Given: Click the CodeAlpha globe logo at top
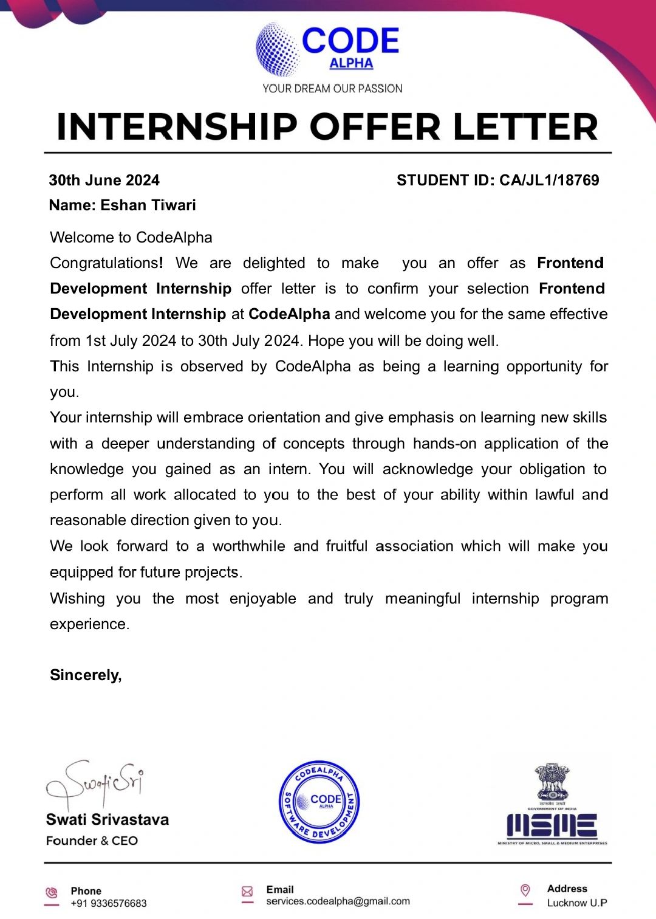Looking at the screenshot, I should pos(278,49).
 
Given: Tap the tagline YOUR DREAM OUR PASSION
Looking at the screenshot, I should pos(332,89).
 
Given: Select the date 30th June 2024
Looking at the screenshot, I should pos(104,181).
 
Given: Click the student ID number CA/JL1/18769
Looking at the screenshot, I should pos(549,181).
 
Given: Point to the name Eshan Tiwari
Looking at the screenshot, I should pos(148,205).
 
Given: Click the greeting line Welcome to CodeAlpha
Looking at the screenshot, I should pos(131,238).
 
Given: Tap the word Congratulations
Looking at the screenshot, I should pos(104,263).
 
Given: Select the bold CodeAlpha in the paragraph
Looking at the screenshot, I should pos(289,314).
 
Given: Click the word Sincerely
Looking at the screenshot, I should pos(86,675).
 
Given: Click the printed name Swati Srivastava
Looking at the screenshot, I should pos(108,819).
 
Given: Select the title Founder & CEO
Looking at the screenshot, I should pos(92,841).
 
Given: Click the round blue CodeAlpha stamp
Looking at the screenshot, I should pos(319,802).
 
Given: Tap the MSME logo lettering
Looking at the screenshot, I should pos(552,825).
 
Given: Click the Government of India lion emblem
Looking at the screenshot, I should pos(552,783).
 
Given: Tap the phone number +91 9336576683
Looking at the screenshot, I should pos(109,903).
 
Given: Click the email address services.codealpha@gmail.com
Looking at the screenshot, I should pos(338,901).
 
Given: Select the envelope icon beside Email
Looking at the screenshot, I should pos(247,892).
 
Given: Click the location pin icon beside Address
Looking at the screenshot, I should pos(525,890).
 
